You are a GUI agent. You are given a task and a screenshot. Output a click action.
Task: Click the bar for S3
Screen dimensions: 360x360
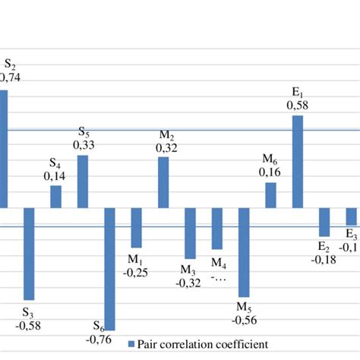tap(29, 254)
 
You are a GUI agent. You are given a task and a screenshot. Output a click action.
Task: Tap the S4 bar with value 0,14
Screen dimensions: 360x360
tap(55, 197)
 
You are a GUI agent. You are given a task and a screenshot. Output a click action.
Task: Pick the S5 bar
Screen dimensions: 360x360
tap(83, 181)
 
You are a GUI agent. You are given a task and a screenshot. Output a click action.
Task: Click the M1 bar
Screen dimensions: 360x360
tap(136, 227)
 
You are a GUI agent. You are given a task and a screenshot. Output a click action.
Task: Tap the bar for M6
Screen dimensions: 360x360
tap(270, 195)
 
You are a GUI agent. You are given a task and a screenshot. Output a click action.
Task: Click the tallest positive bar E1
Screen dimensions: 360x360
tap(298, 161)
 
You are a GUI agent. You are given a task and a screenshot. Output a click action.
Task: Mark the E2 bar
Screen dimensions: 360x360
tap(324, 222)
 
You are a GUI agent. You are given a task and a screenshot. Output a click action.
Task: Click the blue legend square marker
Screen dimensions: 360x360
tap(131, 344)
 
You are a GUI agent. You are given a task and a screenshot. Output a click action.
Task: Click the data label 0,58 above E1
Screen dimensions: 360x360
tap(297, 106)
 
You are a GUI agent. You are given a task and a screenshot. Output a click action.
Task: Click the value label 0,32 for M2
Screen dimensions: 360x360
tap(166, 149)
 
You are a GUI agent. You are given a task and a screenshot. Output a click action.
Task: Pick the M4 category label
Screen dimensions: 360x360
tap(219, 264)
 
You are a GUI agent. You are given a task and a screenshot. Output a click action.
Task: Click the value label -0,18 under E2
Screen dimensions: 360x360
tap(324, 259)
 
